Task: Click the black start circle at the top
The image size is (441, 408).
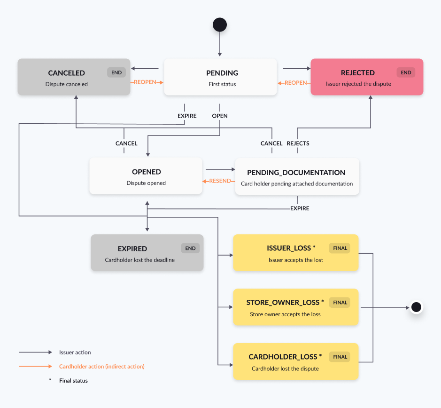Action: pyautogui.click(x=220, y=25)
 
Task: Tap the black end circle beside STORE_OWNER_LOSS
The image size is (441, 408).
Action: pyautogui.click(x=416, y=307)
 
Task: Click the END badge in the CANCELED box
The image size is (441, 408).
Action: pyautogui.click(x=116, y=72)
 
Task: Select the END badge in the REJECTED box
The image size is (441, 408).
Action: pyautogui.click(x=406, y=72)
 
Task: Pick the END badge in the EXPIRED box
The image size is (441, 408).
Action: pyautogui.click(x=190, y=248)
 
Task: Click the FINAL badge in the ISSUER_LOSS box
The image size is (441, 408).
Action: pyautogui.click(x=340, y=248)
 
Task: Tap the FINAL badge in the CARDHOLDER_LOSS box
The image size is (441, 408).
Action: pyautogui.click(x=340, y=357)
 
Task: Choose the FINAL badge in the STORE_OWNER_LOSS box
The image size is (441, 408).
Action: pyautogui.click(x=340, y=302)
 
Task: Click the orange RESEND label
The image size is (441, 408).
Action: pyautogui.click(x=220, y=181)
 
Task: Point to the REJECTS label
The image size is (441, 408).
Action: pyautogui.click(x=298, y=144)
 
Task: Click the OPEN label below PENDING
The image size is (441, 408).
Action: pyautogui.click(x=220, y=116)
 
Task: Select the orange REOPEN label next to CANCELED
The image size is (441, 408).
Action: pyautogui.click(x=145, y=82)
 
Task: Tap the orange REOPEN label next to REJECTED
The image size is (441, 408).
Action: pyautogui.click(x=295, y=83)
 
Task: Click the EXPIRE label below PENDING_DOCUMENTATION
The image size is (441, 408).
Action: pyautogui.click(x=300, y=208)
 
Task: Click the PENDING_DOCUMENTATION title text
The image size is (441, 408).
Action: pyautogui.click(x=296, y=172)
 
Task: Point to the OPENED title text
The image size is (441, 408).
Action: pyautogui.click(x=146, y=172)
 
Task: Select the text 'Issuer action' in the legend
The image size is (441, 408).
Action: pyautogui.click(x=75, y=352)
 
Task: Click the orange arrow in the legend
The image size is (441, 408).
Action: pyautogui.click(x=35, y=366)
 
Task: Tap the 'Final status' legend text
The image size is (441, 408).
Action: pyautogui.click(x=73, y=381)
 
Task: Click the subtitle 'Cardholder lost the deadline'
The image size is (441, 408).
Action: pyautogui.click(x=140, y=260)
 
